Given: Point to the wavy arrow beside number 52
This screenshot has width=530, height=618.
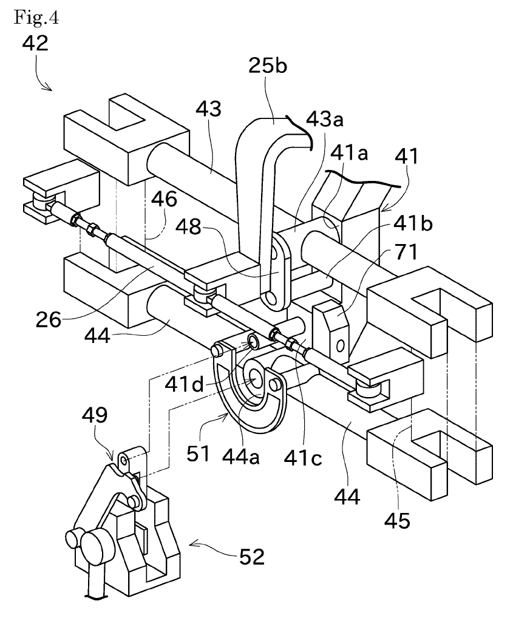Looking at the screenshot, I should pos(213,548).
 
